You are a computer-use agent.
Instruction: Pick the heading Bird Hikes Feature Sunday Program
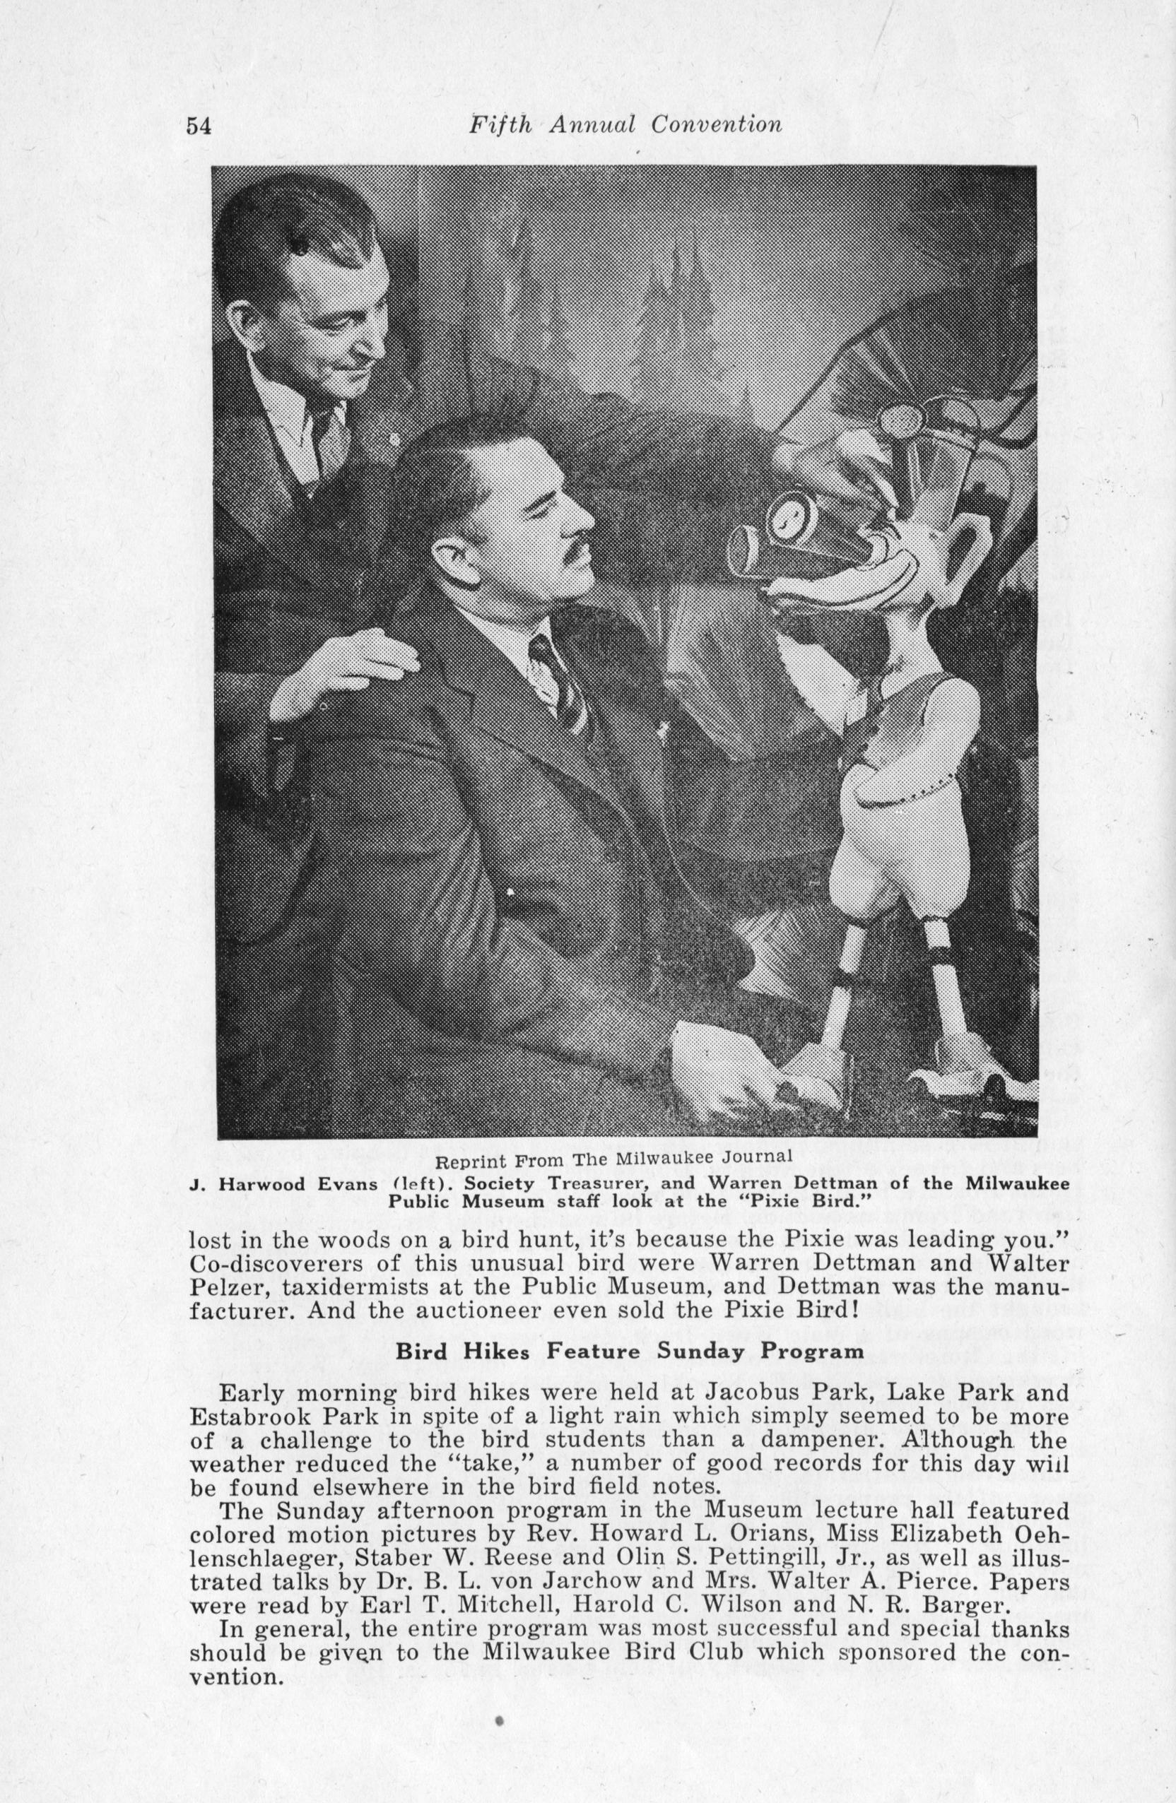(x=630, y=1351)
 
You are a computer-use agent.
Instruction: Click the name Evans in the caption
(x=339, y=1184)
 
